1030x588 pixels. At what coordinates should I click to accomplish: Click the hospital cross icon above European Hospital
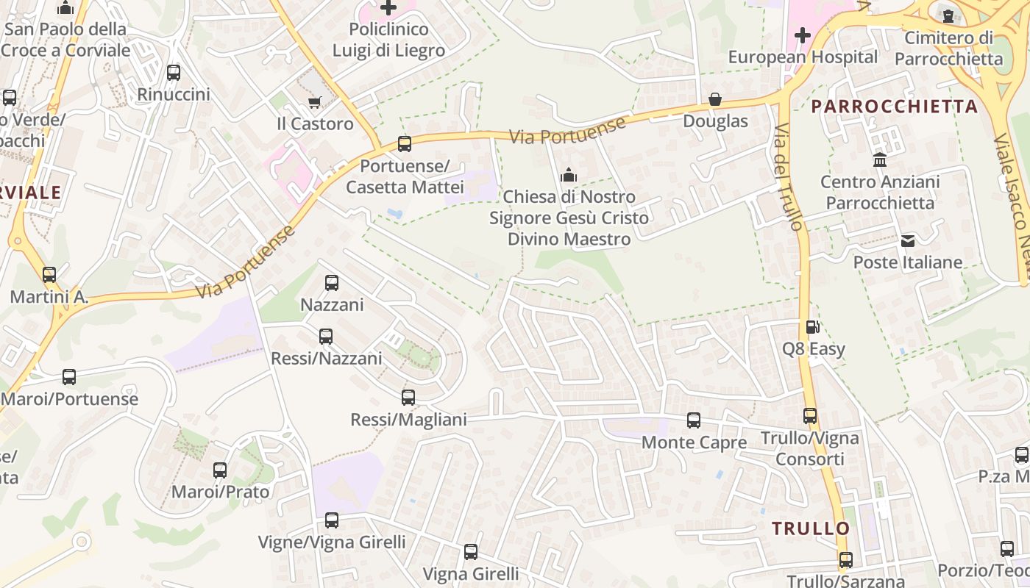coord(803,35)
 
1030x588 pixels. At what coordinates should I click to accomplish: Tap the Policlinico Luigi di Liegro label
coord(388,40)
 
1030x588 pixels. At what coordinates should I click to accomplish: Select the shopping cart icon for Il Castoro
coord(315,102)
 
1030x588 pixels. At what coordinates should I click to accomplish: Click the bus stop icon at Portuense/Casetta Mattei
coord(405,144)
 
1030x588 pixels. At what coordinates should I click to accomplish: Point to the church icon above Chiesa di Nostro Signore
coord(568,175)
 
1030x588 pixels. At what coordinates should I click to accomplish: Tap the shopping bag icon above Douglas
coord(715,99)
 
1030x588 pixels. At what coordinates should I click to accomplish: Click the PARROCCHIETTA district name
coord(894,107)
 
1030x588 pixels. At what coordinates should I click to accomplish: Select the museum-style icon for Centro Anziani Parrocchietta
coord(879,159)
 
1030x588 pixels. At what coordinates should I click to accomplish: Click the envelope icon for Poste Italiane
coord(907,240)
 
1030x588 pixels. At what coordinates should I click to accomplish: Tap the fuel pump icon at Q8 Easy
coord(812,327)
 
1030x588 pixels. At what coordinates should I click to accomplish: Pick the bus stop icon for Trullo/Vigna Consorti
coord(810,416)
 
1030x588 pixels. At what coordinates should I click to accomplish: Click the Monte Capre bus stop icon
coord(694,420)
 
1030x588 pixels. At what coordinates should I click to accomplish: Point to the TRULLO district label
coord(811,528)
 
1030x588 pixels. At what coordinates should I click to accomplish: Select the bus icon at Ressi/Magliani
coord(408,398)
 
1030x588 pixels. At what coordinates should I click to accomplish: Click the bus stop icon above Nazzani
coord(332,282)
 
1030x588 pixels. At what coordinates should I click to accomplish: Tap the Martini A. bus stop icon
coord(49,275)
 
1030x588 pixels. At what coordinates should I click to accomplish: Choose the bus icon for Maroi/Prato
coord(220,470)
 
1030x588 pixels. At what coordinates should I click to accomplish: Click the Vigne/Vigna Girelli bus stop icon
coord(332,520)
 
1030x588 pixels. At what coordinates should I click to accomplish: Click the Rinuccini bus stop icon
coord(174,73)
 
